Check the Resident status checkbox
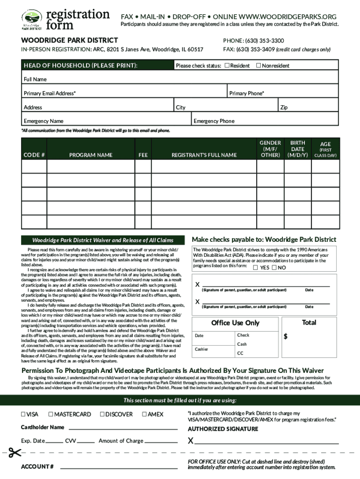[x=227, y=65]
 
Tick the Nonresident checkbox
[x=258, y=65]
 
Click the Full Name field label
[x=35, y=79]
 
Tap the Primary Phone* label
[x=246, y=93]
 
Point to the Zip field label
[x=284, y=107]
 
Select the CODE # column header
[x=34, y=155]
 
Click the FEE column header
[x=143, y=155]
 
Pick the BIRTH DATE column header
[x=297, y=149]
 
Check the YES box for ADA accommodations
[x=255, y=268]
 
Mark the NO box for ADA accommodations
[x=275, y=268]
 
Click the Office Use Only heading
[x=235, y=323]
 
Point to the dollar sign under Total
[x=286, y=336]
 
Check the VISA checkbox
[x=23, y=414]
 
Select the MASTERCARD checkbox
[x=51, y=414]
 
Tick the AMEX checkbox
[x=144, y=414]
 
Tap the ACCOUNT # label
[x=37, y=467]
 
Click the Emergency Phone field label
[x=214, y=121]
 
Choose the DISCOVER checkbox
[x=102, y=414]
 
